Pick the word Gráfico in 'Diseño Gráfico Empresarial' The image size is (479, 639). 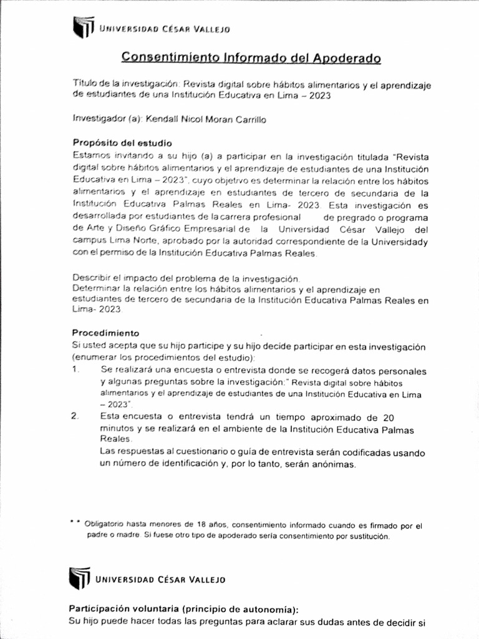[165, 229]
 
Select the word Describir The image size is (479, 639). [93, 278]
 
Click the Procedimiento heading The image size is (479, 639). [105, 333]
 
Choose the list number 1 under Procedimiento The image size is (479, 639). [75, 369]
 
